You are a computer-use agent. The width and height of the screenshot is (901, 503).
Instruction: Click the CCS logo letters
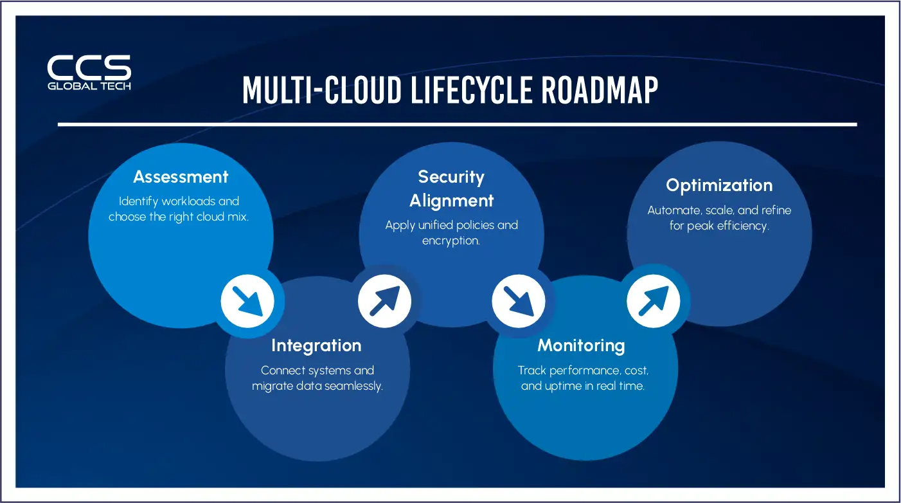click(x=89, y=68)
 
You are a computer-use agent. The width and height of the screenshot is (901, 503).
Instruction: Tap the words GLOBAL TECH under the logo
click(x=89, y=86)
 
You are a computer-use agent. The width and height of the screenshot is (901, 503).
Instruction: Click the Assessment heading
click(x=181, y=177)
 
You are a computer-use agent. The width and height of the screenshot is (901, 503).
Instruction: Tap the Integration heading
click(x=316, y=345)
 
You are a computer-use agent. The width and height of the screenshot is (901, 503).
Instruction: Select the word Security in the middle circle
click(x=451, y=177)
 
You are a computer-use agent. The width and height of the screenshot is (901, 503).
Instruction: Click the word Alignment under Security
click(x=451, y=200)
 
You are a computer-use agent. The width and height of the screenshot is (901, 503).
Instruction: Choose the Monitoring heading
click(x=581, y=345)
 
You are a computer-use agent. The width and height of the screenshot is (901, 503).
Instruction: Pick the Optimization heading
click(x=719, y=185)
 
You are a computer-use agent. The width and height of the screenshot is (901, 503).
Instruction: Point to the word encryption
click(x=451, y=241)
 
